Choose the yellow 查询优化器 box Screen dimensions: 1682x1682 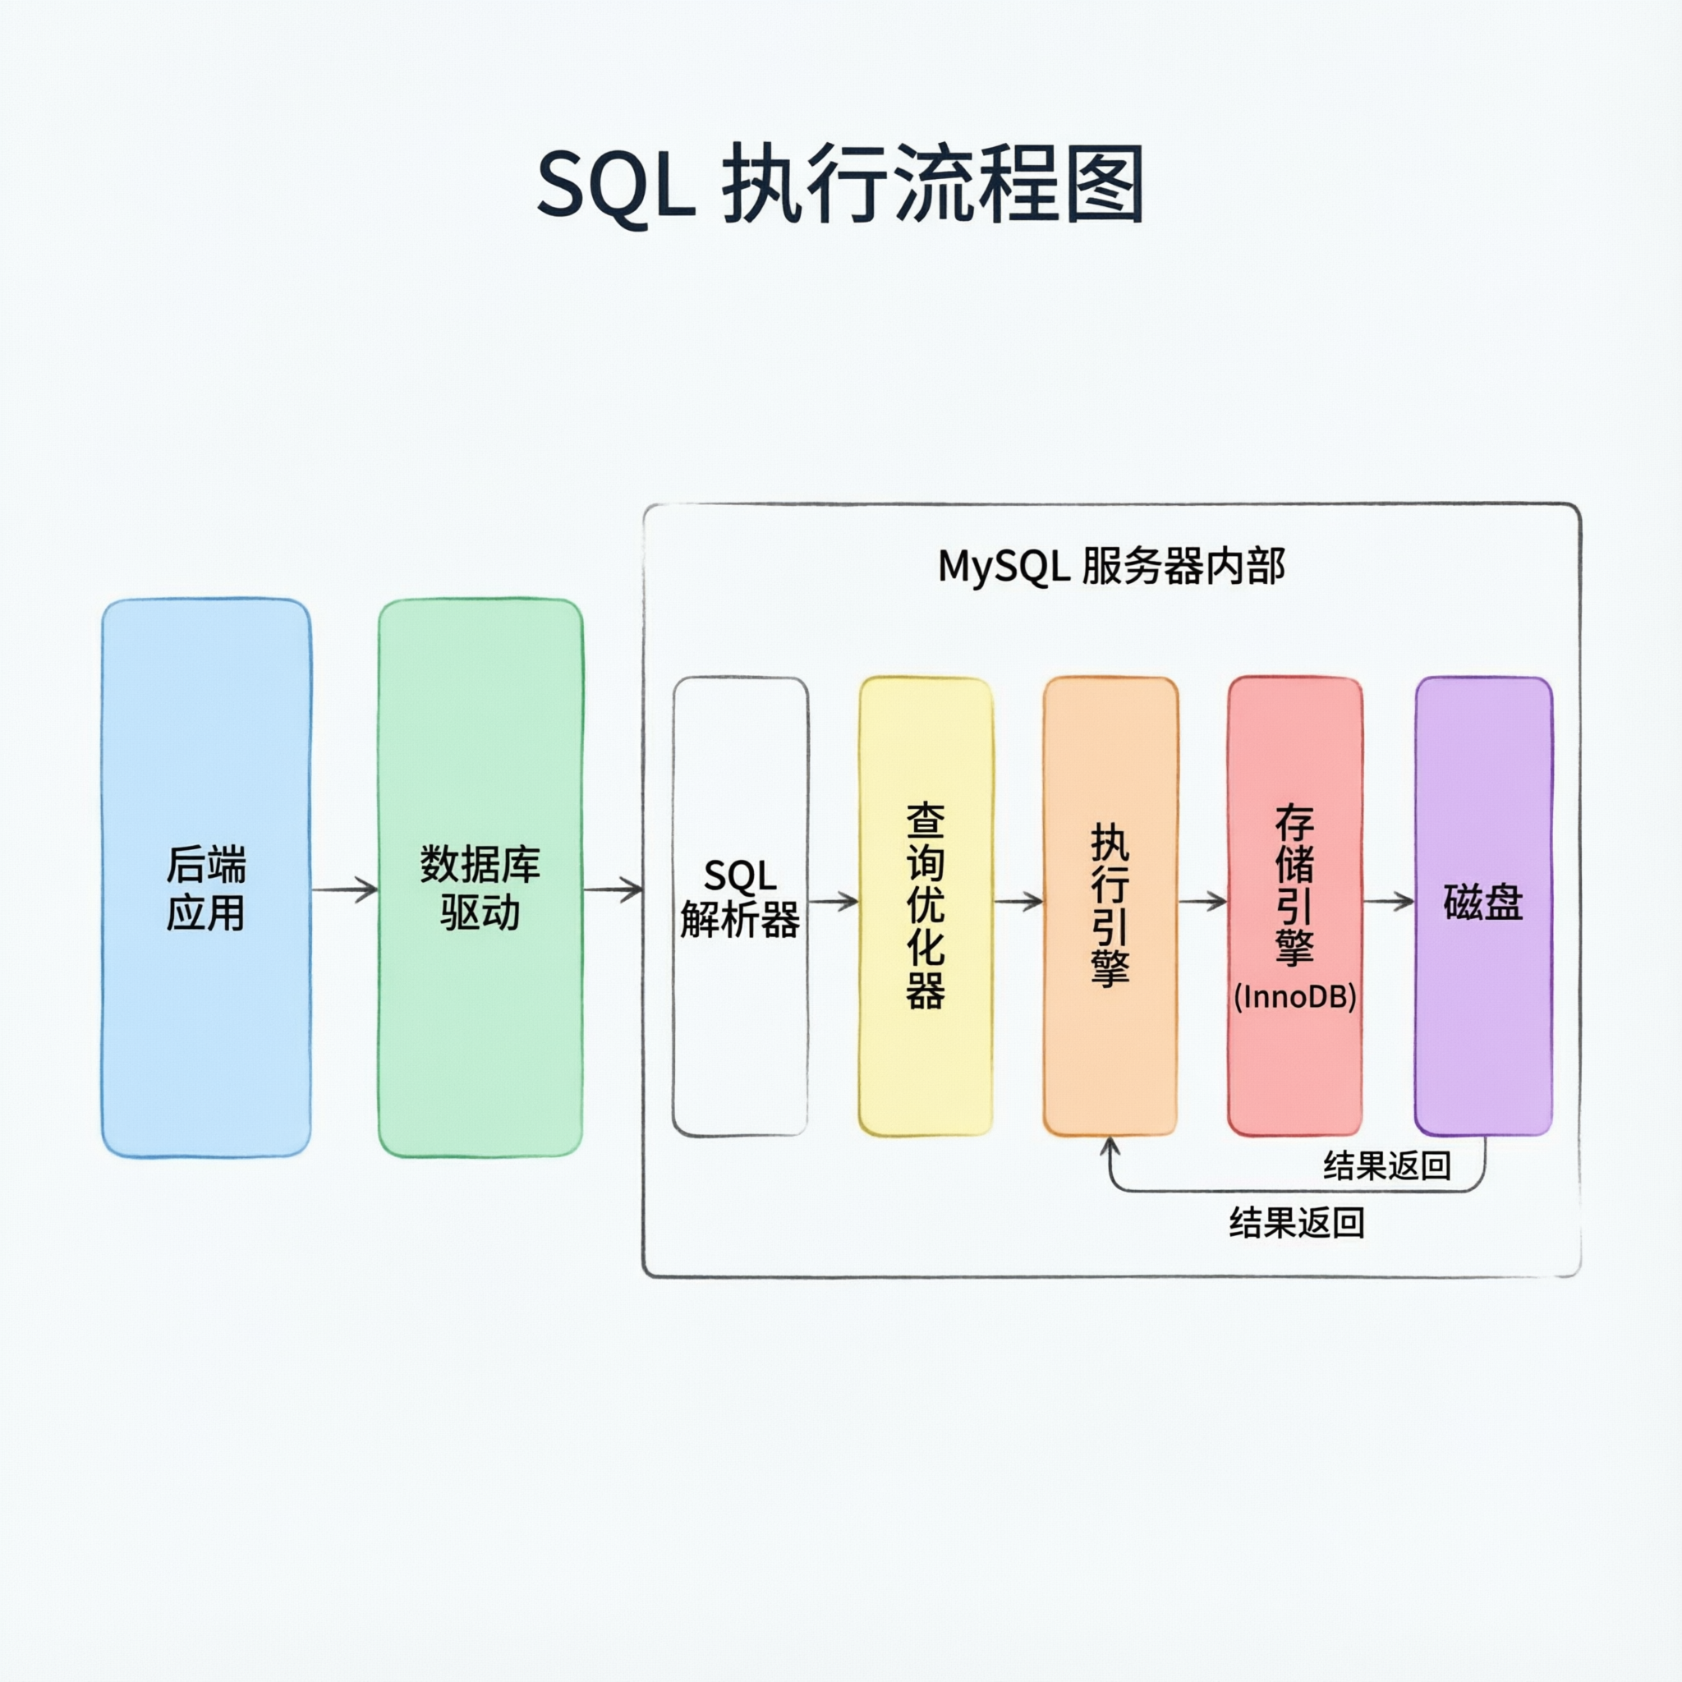click(x=926, y=1071)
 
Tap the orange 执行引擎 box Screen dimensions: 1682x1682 click(x=1110, y=1062)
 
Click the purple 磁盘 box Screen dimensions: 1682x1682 click(x=1483, y=1001)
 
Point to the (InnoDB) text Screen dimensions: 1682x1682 click(x=1294, y=997)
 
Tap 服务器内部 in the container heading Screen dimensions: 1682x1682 click(x=1183, y=567)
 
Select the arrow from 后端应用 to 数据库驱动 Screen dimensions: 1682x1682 click(x=345, y=889)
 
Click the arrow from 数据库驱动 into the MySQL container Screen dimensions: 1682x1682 click(x=613, y=889)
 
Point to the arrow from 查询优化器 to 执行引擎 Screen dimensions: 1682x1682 click(x=1018, y=902)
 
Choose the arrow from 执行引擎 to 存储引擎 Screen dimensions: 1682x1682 click(x=1203, y=902)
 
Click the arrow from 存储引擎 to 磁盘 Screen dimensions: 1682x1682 click(x=1389, y=902)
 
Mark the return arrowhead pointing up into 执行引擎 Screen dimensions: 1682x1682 click(x=1110, y=1147)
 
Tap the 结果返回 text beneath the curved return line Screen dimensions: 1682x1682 click(x=1296, y=1223)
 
